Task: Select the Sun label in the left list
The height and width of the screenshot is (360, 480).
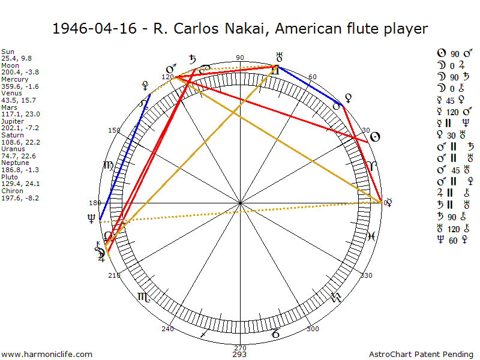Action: pyautogui.click(x=8, y=52)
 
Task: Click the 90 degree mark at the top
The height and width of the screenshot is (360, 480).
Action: pyautogui.click(x=240, y=58)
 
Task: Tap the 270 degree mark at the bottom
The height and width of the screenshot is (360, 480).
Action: pyautogui.click(x=240, y=347)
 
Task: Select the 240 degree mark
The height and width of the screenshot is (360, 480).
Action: pyautogui.click(x=167, y=329)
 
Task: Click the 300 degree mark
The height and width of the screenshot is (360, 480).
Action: pyautogui.click(x=312, y=329)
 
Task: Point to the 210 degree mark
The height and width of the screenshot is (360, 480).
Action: pyautogui.click(x=113, y=275)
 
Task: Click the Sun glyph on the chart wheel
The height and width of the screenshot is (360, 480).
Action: pyautogui.click(x=374, y=137)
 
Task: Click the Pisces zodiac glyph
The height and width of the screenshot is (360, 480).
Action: pyautogui.click(x=371, y=236)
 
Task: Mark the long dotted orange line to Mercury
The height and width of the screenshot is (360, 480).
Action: pyautogui.click(x=240, y=212)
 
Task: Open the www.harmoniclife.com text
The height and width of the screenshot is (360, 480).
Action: pyautogui.click(x=47, y=355)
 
